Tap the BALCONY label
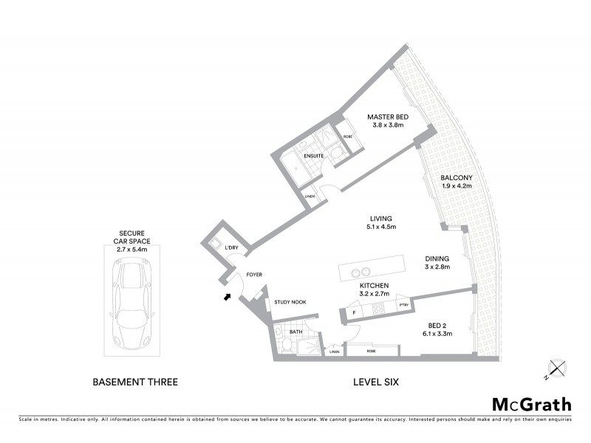tap(456, 178)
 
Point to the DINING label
tap(437, 258)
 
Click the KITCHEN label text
tap(375, 285)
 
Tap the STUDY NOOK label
tap(290, 302)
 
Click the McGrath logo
tap(532, 404)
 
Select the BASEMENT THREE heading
tap(135, 382)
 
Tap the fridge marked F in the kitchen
tap(355, 313)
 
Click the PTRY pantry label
tap(403, 304)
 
